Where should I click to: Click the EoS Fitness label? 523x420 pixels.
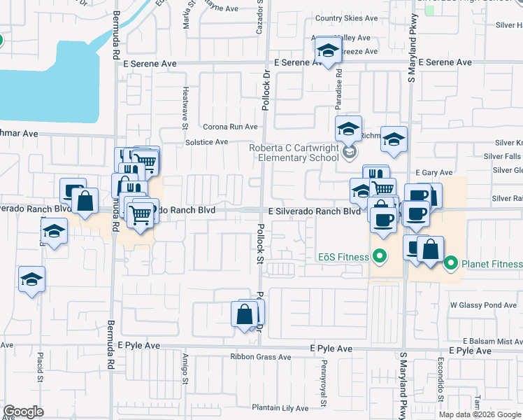(343, 257)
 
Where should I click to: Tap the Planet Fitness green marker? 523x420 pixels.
(451, 264)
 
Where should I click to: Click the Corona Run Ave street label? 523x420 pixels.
(230, 127)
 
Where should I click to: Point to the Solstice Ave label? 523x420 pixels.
(206, 142)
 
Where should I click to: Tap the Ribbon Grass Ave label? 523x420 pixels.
(261, 357)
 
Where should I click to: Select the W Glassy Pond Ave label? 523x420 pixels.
(482, 305)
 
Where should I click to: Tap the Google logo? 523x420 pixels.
(24, 412)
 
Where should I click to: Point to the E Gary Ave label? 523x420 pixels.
(434, 173)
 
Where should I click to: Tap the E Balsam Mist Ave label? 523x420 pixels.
(489, 341)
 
